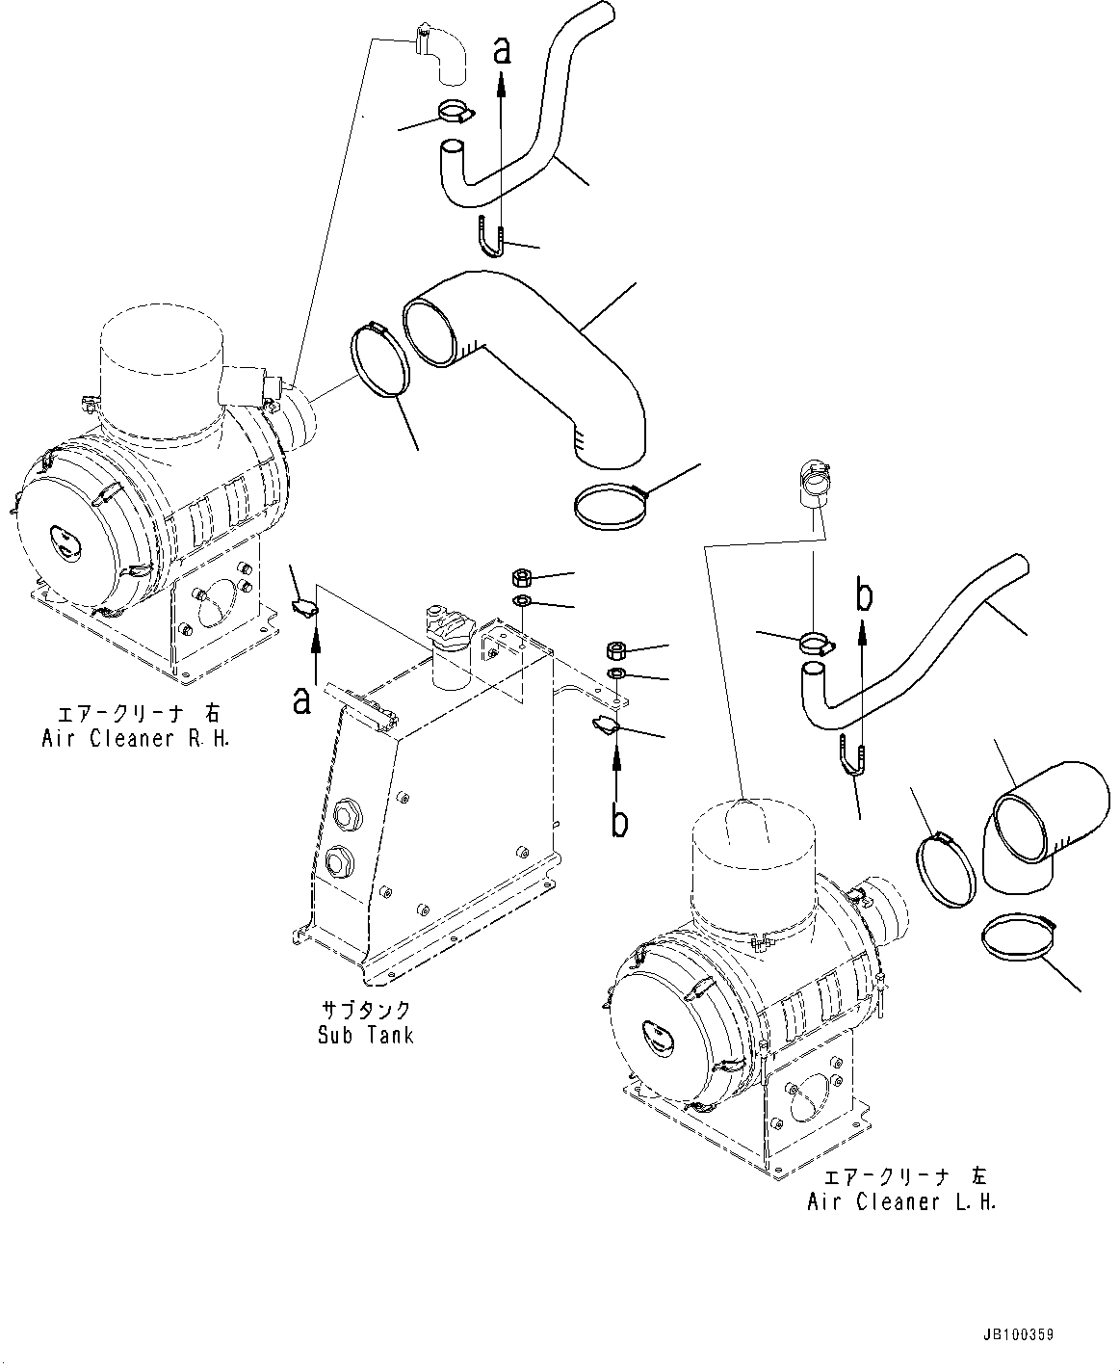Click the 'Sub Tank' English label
coord(365,1035)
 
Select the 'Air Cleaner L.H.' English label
coord(901,1201)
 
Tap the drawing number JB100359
coord(1018,1335)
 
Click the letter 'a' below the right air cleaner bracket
coord(302,701)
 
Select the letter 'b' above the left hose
coord(865,596)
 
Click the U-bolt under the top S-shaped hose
coord(490,238)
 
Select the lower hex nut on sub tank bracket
coord(617,648)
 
